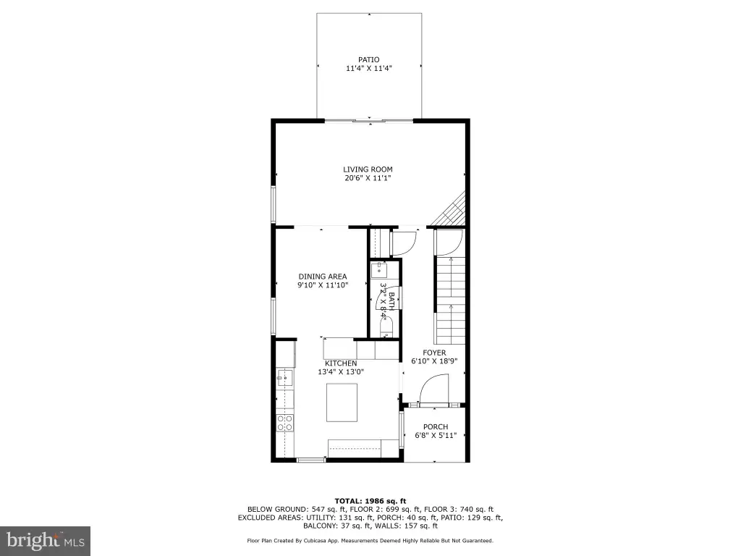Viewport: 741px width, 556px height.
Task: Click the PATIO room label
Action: (x=368, y=59)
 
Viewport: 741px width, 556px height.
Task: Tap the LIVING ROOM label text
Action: (x=368, y=169)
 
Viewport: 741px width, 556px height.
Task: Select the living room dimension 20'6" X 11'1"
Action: (x=368, y=178)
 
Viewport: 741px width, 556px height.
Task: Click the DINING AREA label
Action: (x=323, y=277)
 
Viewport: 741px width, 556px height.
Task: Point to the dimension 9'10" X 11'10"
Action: (x=323, y=285)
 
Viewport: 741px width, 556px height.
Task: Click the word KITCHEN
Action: (x=341, y=363)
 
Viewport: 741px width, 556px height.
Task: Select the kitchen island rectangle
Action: (x=342, y=403)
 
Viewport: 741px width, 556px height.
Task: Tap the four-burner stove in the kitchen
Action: (x=285, y=423)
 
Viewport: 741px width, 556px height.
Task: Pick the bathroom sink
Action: (x=379, y=271)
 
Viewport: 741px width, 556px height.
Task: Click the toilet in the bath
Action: (x=386, y=328)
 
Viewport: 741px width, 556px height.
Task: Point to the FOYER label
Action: (x=434, y=353)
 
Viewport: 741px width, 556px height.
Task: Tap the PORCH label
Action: (x=435, y=427)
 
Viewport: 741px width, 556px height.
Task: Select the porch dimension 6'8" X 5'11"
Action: (x=436, y=435)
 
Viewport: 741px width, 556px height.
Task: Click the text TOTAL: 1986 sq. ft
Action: (x=370, y=501)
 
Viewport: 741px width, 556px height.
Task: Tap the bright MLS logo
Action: (x=46, y=540)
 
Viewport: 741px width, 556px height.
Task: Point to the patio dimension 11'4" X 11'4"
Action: (x=369, y=69)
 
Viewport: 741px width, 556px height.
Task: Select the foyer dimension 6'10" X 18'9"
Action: (x=434, y=362)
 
